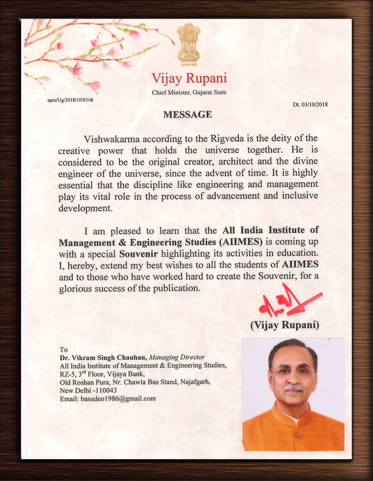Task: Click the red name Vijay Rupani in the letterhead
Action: [x=189, y=78]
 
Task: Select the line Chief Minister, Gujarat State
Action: [x=189, y=92]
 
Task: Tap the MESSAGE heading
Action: [x=188, y=115]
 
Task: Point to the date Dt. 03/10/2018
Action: [x=310, y=105]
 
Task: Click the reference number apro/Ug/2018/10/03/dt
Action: [x=70, y=100]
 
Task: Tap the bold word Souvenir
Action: [x=138, y=254]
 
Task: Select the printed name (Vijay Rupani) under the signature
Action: [x=285, y=325]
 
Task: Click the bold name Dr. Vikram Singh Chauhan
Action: [x=103, y=357]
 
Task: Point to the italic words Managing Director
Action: [x=177, y=357]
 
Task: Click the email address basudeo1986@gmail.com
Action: [x=118, y=399]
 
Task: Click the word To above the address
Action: [x=64, y=350]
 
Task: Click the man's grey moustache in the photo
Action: [x=294, y=388]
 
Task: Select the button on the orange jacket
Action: [x=298, y=434]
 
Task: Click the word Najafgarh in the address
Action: [x=195, y=382]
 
